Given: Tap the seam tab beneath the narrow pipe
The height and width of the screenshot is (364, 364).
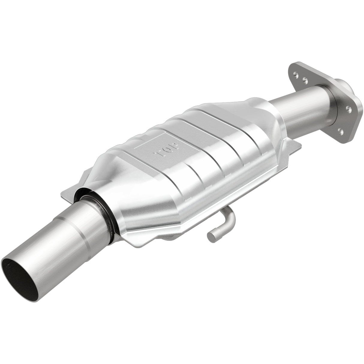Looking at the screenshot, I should tap(295, 147).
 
